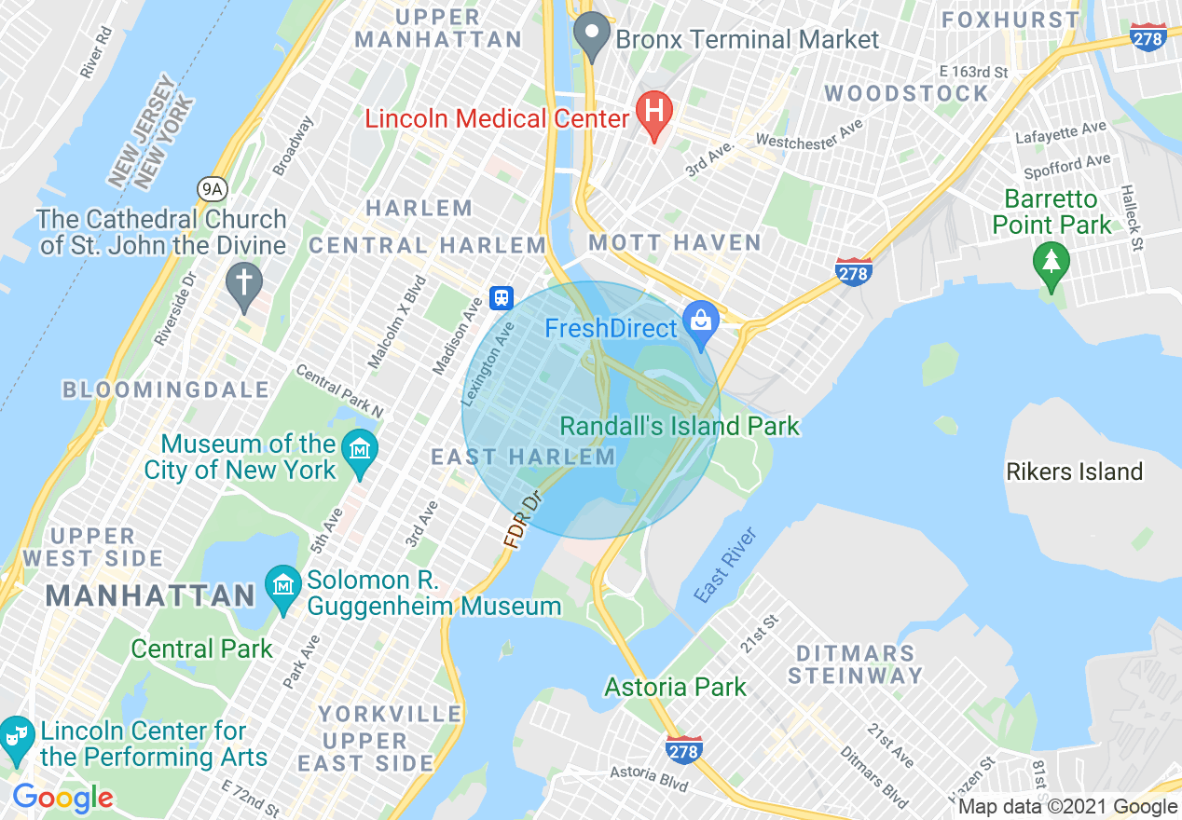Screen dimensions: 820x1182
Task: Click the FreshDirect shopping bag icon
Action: tap(700, 321)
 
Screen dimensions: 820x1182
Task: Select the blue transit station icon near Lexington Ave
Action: tap(502, 298)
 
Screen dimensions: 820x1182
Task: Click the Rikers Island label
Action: tap(1074, 471)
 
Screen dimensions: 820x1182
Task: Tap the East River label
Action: tap(725, 566)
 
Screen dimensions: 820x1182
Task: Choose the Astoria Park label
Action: tap(675, 688)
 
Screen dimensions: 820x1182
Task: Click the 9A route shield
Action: tap(212, 189)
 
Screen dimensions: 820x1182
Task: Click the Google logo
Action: tap(62, 798)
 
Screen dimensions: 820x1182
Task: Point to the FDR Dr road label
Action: tap(522, 521)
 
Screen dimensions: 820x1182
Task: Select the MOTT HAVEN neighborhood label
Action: tap(674, 243)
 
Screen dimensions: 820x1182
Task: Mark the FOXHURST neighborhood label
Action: tap(1010, 20)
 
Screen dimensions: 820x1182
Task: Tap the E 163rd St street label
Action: tap(973, 72)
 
